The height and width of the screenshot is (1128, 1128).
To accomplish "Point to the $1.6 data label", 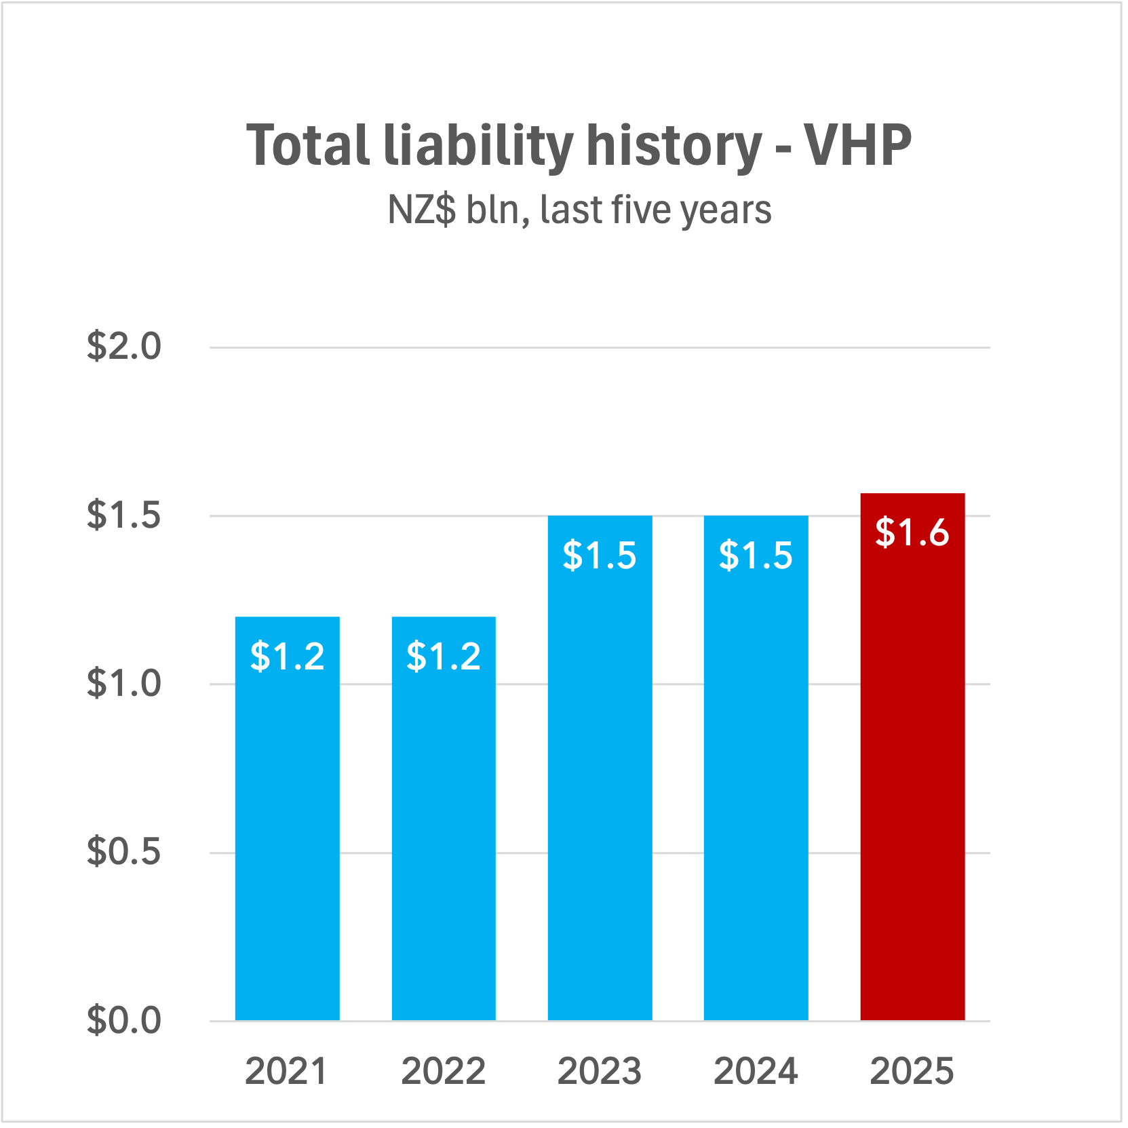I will (912, 532).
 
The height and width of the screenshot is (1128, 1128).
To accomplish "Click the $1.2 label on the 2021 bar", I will (288, 657).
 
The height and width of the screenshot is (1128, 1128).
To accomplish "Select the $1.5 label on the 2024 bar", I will (756, 556).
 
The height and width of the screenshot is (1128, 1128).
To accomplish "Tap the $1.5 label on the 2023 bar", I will (600, 556).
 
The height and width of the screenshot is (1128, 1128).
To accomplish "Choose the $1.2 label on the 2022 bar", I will (444, 657).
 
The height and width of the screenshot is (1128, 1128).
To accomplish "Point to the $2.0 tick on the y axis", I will (124, 347).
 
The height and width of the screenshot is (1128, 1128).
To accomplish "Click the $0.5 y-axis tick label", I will (124, 851).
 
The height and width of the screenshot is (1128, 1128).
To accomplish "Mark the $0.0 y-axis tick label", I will (124, 1020).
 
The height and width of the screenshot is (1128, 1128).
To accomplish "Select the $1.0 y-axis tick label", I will (124, 683).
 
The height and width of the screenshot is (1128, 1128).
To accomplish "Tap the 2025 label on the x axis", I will (912, 1072).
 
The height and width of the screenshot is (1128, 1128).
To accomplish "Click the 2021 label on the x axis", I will (286, 1072).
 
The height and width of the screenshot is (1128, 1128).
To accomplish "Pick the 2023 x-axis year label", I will (600, 1072).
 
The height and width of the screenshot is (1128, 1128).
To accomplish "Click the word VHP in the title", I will (857, 145).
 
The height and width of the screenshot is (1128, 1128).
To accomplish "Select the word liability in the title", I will (478, 145).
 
